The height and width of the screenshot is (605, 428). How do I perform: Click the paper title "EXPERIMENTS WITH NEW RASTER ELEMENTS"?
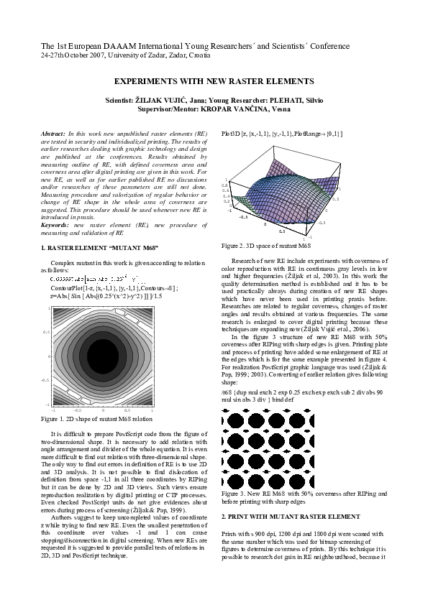pos(214,83)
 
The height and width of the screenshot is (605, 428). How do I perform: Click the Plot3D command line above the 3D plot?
pos(281,134)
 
